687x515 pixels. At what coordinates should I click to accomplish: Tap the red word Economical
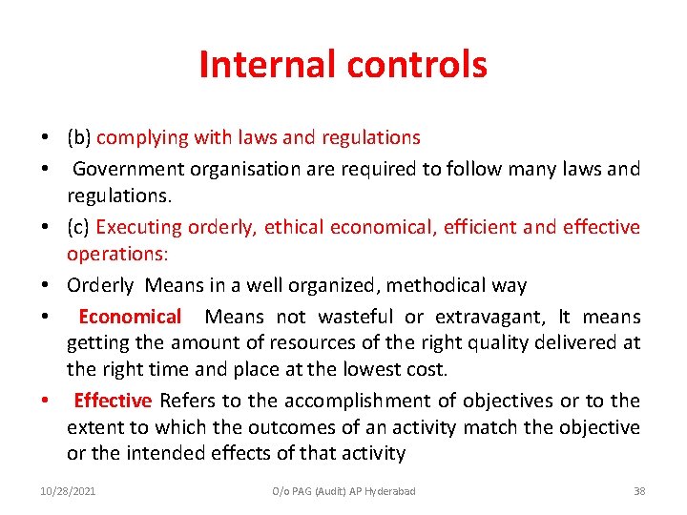click(130, 317)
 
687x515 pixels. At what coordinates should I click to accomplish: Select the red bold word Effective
click(113, 401)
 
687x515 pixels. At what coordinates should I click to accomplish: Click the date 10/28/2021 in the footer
click(68, 490)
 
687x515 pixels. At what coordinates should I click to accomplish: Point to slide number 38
click(639, 490)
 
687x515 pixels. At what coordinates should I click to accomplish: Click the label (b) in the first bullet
click(79, 137)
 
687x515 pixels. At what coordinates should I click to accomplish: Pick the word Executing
click(139, 227)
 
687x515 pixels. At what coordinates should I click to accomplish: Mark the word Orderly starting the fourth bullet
click(100, 285)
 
